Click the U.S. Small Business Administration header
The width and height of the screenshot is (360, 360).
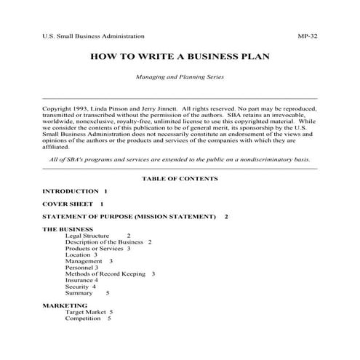pos(94,36)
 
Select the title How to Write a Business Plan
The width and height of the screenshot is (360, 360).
pos(179,55)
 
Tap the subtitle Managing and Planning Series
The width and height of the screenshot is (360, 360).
pos(179,76)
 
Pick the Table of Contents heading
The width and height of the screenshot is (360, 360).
pos(179,177)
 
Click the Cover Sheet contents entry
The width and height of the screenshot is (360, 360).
pos(68,204)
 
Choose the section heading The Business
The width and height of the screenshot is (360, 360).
pos(68,230)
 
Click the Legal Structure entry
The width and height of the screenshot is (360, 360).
pos(87,236)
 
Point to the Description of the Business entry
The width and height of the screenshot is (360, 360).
pos(105,242)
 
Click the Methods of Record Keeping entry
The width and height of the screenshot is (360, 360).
pos(106,273)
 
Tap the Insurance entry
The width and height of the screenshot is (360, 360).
pos(80,280)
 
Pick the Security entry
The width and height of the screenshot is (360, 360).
pos(78,287)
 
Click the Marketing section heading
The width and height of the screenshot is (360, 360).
pos(65,305)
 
